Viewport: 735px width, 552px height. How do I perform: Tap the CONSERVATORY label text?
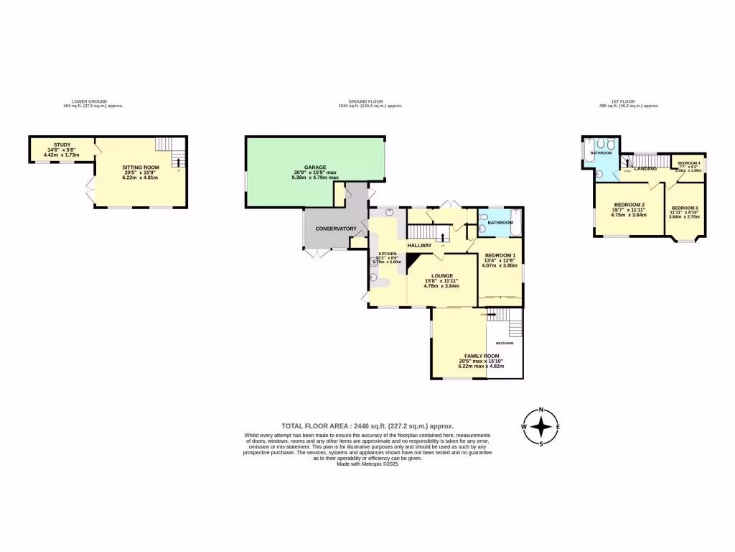click(x=337, y=229)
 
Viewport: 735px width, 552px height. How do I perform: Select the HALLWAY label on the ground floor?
click(x=419, y=246)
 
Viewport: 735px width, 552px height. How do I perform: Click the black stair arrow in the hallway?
click(x=442, y=237)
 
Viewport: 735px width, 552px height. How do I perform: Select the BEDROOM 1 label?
click(x=500, y=256)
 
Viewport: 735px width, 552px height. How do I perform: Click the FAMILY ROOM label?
click(x=482, y=356)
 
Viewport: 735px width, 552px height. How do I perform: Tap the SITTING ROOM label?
click(x=140, y=167)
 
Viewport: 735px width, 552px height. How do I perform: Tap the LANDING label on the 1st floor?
click(x=645, y=169)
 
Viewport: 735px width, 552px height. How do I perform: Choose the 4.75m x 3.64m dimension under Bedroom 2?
click(x=628, y=214)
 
